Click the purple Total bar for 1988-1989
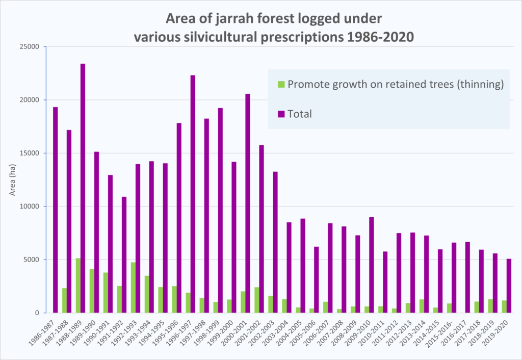83,188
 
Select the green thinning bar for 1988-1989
78,286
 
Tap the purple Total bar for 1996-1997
193,194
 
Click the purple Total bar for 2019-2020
509,286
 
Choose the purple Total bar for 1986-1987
55,210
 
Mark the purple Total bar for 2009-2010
371,265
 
